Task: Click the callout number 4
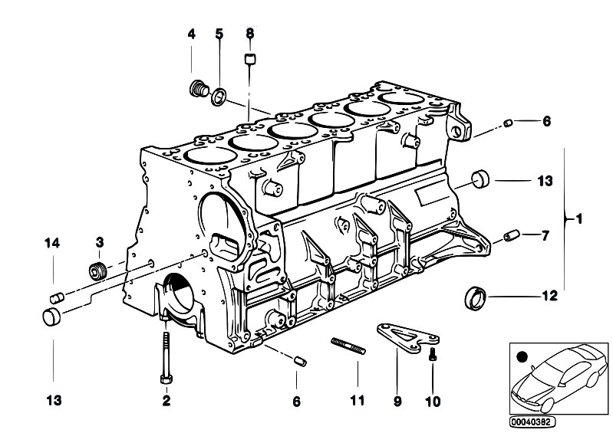point(191,34)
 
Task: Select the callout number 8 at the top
point(250,33)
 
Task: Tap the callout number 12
point(549,296)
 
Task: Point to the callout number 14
point(52,243)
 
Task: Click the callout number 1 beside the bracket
point(579,218)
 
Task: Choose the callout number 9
point(397,401)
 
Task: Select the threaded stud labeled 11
point(348,346)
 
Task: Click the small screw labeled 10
point(433,354)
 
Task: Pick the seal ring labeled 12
point(475,298)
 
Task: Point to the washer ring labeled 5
point(219,97)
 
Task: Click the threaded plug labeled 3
point(97,271)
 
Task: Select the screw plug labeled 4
point(199,89)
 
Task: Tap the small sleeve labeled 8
point(250,59)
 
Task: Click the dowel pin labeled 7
point(511,235)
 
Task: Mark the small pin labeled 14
point(57,299)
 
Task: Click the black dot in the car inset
point(522,356)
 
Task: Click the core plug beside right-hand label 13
point(480,179)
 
